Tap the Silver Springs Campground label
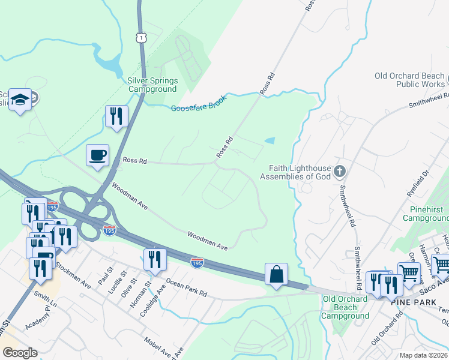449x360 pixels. coord(152,85)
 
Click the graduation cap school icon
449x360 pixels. coord(20,100)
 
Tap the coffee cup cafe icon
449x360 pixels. coord(98,155)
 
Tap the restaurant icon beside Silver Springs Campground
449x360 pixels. coord(116,115)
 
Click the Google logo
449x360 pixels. coord(20,353)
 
